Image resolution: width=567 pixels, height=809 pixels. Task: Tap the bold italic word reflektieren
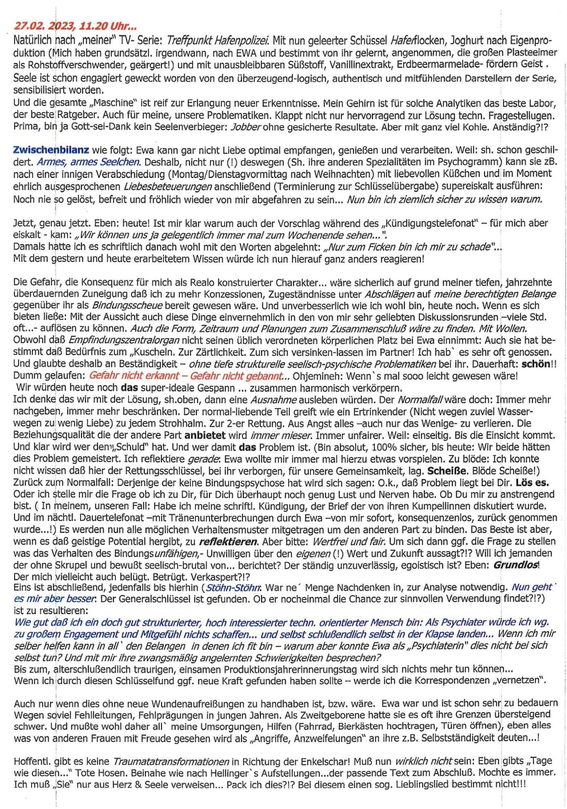pos(228,542)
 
